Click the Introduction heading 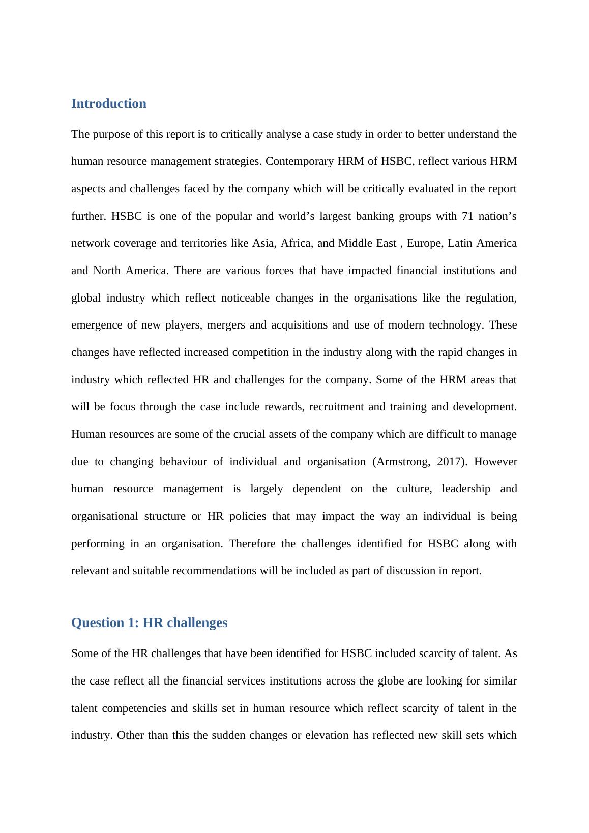108,104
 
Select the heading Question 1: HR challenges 149,623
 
